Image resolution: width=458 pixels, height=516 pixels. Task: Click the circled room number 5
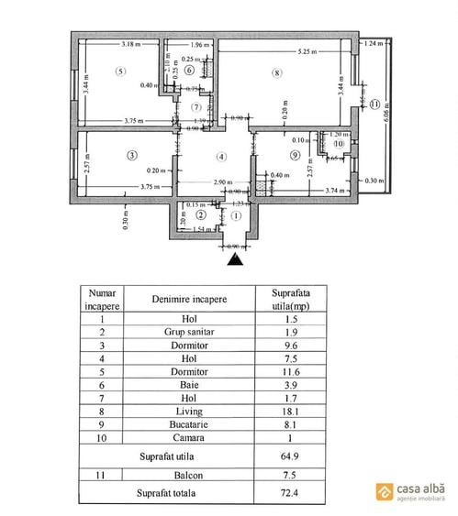[x=119, y=71]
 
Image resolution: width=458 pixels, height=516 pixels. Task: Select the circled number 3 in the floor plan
[x=132, y=156]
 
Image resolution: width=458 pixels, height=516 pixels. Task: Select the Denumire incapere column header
[x=190, y=300]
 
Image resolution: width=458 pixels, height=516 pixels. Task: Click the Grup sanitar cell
[x=190, y=333]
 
